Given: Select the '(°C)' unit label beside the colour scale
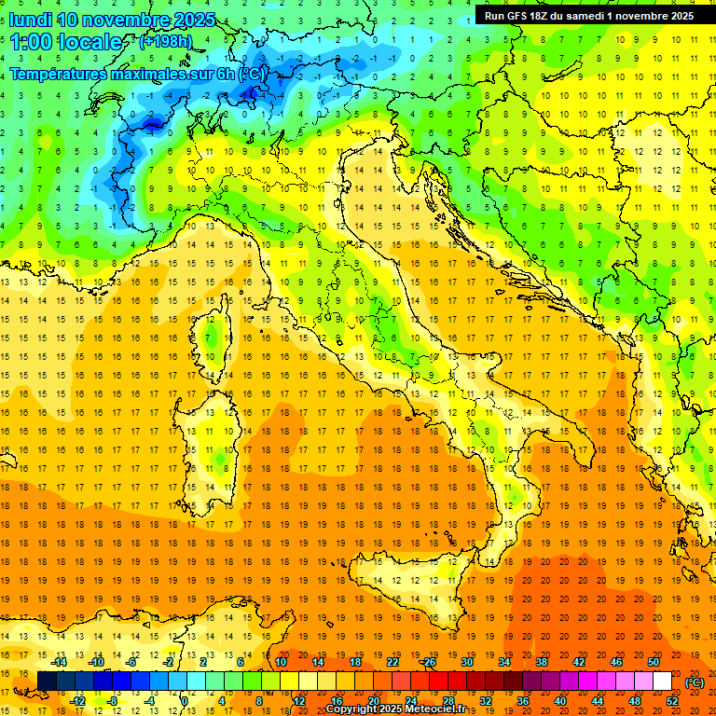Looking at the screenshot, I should pos(695,682).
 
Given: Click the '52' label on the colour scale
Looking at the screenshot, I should pos(672,700).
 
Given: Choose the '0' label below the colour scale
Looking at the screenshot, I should pos(186,700).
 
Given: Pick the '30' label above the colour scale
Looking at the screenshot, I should pos(466,662).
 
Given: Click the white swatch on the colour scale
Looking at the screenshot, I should pos(663,682).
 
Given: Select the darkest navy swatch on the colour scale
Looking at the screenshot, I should pos(47,682).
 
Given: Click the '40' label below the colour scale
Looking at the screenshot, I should pos(560,700).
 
